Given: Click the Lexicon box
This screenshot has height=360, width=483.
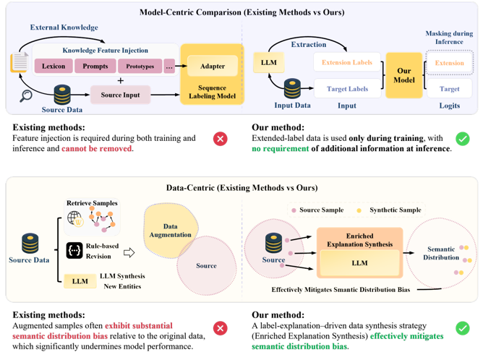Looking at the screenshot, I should pos(54,67).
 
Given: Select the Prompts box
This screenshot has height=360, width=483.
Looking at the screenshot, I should pos(95,67).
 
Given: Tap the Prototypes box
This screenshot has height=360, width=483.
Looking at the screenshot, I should pos(140,67).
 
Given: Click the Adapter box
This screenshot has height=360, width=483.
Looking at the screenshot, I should pos(212,67).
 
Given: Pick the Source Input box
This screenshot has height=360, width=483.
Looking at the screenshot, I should pos(120,95).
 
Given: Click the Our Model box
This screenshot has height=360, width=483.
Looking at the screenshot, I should pos(403,76).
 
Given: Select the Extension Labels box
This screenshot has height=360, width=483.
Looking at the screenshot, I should pos(347,63).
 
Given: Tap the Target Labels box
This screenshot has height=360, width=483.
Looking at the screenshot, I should pos(347,89).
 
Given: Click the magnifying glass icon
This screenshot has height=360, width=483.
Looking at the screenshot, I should pos(26,95).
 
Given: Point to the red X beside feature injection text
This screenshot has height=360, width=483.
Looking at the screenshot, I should pos(221,138).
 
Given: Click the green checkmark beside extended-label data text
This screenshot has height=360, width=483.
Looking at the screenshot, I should pos(462,138).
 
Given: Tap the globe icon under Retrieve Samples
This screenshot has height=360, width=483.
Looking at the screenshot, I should pos(74,218).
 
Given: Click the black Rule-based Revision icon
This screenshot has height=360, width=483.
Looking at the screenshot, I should pos(74,250).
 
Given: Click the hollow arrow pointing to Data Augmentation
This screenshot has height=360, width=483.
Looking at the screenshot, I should pos(129,252).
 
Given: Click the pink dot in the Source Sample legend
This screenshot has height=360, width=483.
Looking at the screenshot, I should pos(294,210).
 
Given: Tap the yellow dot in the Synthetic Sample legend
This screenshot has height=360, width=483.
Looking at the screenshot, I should pos(359,210).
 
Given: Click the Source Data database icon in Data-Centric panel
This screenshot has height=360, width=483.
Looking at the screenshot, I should pos(29,243).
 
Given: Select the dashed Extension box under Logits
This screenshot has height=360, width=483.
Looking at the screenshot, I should pos(449,63).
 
